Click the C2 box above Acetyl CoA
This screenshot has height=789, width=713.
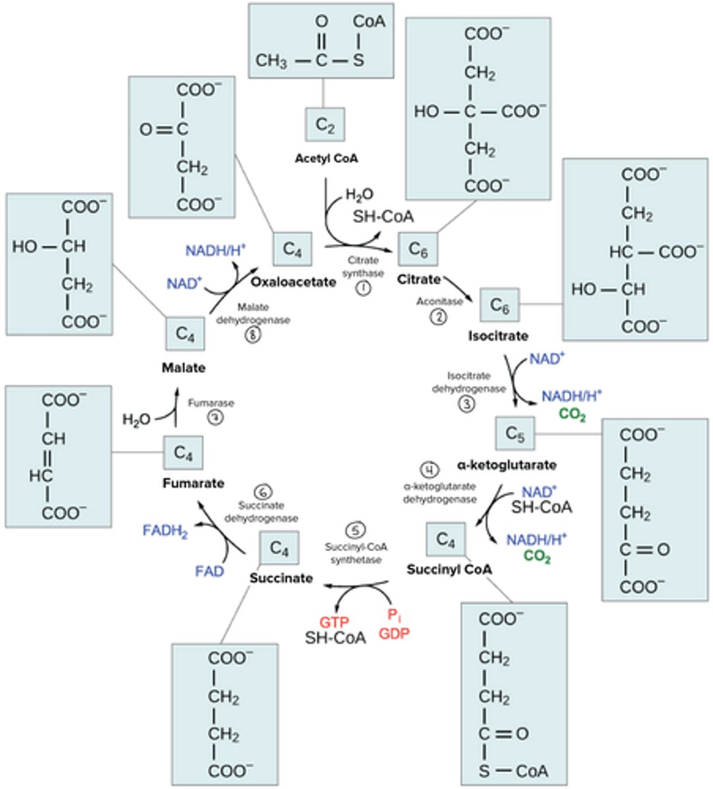(325, 124)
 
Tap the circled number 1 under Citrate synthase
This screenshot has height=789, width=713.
(362, 288)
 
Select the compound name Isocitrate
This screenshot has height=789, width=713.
(498, 336)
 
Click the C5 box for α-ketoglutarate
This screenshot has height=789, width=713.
(515, 434)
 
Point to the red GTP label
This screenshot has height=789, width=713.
(334, 621)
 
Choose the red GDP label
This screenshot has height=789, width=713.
(394, 633)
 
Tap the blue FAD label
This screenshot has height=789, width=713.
(209, 571)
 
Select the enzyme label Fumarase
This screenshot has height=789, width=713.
(210, 403)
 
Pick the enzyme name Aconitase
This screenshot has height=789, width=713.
(439, 301)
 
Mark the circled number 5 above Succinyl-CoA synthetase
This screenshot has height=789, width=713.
(355, 531)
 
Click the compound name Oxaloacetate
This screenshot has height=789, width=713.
(293, 281)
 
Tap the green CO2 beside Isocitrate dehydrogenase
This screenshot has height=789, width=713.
(572, 415)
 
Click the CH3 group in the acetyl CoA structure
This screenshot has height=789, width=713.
(271, 61)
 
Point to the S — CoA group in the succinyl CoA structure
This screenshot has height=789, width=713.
(513, 771)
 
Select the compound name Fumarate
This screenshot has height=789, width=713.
(193, 483)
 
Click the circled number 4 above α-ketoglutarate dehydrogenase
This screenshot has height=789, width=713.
(429, 470)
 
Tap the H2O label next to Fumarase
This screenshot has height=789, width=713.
(137, 419)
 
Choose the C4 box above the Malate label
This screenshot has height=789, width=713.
(185, 335)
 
